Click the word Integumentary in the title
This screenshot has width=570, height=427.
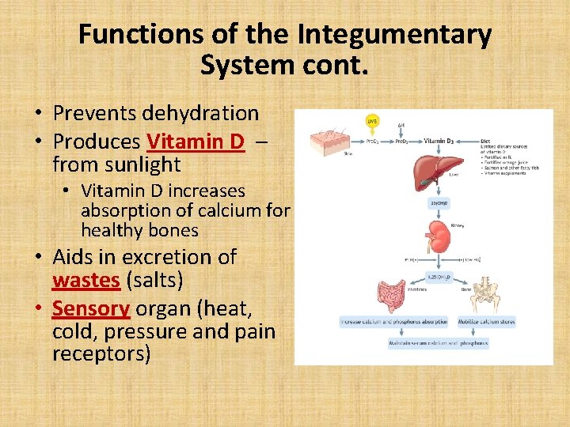click(394, 35)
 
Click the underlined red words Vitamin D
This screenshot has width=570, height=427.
click(196, 142)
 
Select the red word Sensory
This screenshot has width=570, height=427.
click(90, 308)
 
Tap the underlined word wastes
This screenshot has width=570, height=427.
click(86, 280)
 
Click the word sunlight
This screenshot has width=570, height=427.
click(142, 164)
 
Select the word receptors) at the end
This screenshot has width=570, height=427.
click(101, 353)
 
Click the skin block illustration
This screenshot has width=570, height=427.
click(327, 141)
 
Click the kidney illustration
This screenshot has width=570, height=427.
click(437, 232)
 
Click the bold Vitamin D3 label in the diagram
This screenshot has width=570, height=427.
click(440, 141)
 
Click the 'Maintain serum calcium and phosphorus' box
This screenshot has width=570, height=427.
click(439, 343)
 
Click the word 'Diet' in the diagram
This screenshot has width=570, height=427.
click(485, 142)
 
